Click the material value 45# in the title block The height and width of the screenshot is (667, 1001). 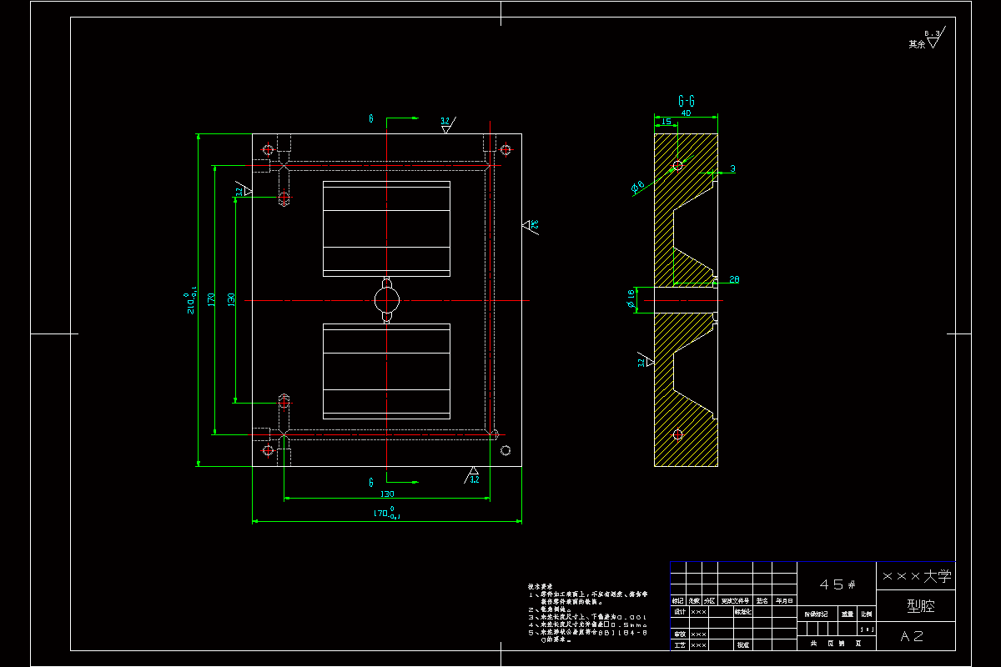[837, 585]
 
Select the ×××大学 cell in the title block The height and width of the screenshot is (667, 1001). [916, 575]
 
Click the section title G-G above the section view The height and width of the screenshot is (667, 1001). [686, 101]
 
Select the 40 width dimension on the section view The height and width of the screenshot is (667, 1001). [686, 113]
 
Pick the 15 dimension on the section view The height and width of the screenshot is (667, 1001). [666, 122]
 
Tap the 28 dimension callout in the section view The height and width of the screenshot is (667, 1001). [734, 279]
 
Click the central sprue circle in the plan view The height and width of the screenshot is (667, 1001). [386, 299]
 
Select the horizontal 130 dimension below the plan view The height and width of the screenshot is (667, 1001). [387, 494]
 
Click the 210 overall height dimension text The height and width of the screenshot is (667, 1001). [192, 300]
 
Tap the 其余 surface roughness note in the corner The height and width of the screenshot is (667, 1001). [917, 44]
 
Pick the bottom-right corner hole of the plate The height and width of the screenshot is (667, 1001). [506, 450]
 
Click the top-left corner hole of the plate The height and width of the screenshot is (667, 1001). [268, 150]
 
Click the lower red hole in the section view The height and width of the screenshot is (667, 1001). [677, 434]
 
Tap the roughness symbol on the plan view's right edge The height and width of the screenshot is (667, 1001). [530, 225]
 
